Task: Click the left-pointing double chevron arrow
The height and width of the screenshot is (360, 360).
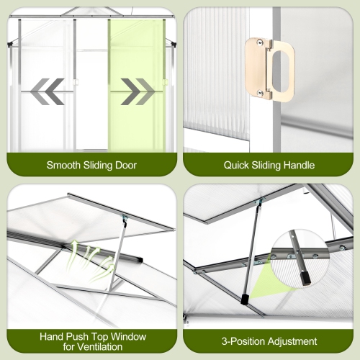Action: click(47, 91)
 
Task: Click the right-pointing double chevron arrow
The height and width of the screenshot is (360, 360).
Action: click(138, 91)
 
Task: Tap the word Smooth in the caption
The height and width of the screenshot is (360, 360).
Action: click(63, 165)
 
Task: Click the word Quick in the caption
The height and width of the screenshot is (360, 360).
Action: click(236, 165)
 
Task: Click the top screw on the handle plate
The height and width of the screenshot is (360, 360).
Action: click(259, 42)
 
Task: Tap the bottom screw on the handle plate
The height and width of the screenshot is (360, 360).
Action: click(259, 92)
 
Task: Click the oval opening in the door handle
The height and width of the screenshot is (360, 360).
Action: click(281, 71)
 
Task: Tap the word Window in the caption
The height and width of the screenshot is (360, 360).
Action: click(128, 336)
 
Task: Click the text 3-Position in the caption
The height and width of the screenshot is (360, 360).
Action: click(243, 341)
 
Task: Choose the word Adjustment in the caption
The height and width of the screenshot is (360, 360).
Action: click(292, 341)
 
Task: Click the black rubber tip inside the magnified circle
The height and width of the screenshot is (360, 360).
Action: click(305, 279)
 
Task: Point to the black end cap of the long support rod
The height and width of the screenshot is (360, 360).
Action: click(245, 300)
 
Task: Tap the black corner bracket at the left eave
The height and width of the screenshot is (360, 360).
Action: click(10, 45)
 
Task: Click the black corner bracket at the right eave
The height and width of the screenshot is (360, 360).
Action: click(174, 44)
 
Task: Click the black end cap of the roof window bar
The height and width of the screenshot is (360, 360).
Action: click(139, 259)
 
